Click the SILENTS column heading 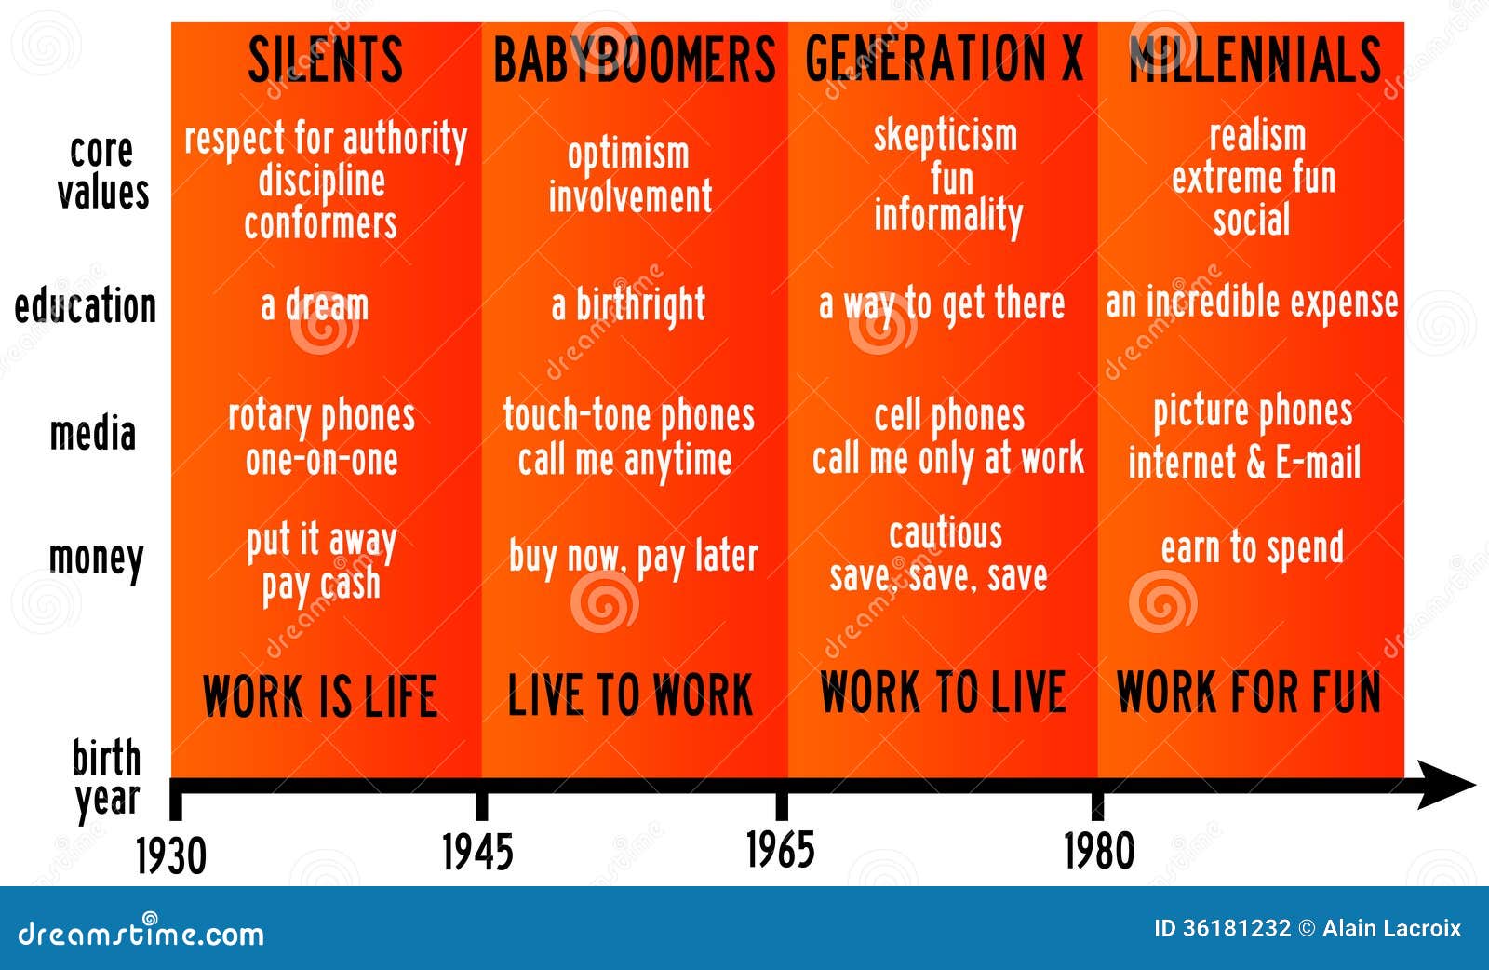325,60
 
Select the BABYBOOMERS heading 634,60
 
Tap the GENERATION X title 944,59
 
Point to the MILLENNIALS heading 1254,60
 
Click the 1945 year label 478,852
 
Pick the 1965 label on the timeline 781,850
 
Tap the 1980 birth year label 1099,851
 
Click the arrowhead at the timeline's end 1446,785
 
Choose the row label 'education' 85,306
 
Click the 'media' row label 93,433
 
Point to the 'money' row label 97,559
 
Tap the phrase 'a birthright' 628,305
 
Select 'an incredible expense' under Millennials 1252,303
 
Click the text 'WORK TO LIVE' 944,692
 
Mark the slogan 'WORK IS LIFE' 320,695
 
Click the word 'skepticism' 946,137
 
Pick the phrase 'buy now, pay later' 634,557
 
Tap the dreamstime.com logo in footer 141,931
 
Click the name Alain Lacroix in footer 1391,928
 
